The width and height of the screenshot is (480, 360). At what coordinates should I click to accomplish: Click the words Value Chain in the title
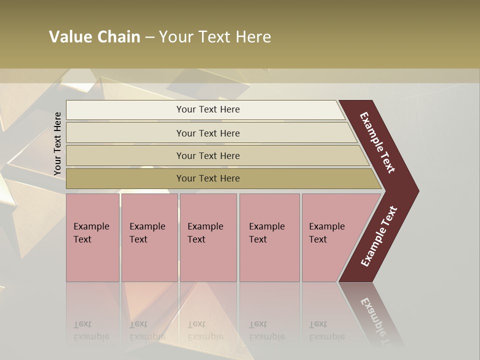94,37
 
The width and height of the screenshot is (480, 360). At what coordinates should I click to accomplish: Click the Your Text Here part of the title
215,37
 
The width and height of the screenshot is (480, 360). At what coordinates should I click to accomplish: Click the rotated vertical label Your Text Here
57,144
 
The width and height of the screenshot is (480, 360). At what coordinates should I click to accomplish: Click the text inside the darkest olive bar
208,178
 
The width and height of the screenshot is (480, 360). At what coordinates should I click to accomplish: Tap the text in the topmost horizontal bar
208,109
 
